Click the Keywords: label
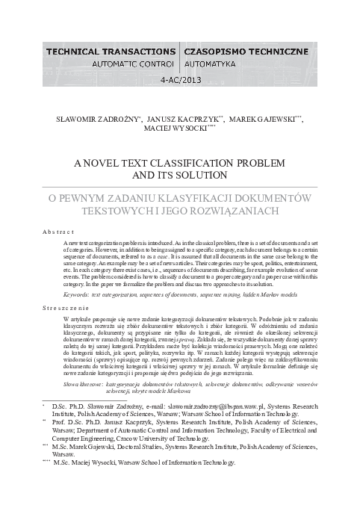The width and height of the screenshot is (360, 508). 78,296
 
